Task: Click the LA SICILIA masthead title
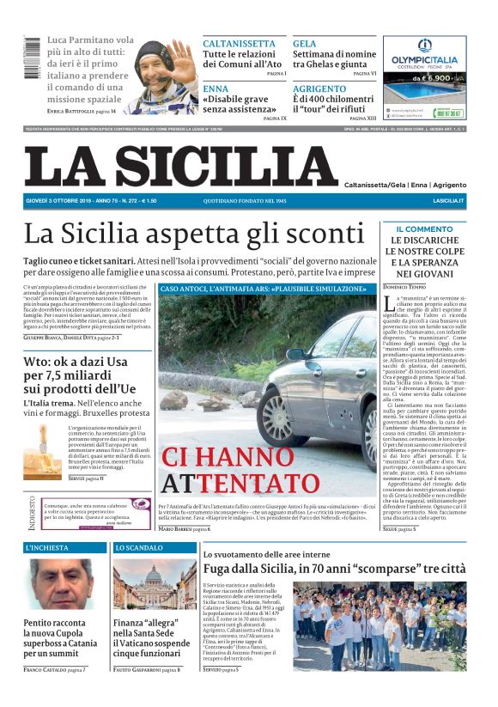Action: click(x=181, y=165)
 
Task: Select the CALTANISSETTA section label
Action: click(x=239, y=43)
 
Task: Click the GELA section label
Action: click(x=304, y=43)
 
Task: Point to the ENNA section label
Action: click(x=216, y=88)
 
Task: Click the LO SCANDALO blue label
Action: click(x=138, y=547)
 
